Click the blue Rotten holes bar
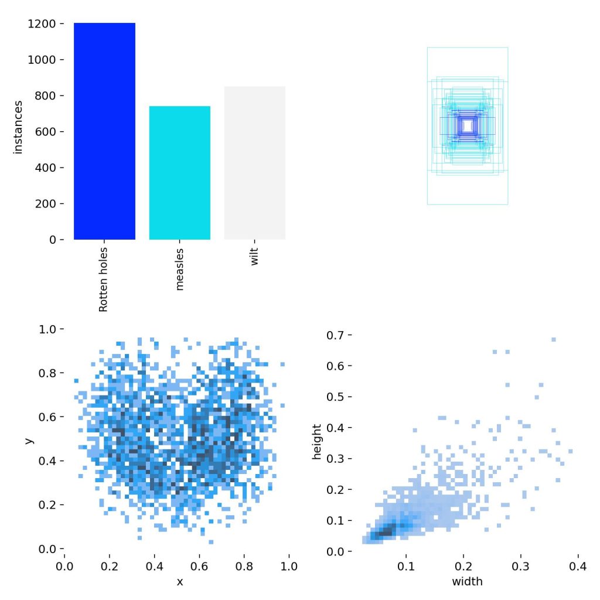[x=104, y=131]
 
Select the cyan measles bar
[x=179, y=173]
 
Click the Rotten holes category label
[x=104, y=279]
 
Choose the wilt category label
[x=254, y=257]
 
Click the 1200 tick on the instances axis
[x=44, y=24]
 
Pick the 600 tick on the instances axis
[x=47, y=132]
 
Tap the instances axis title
[x=18, y=127]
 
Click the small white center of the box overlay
[x=468, y=125]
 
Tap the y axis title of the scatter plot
[x=29, y=439]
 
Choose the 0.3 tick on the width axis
[x=521, y=568]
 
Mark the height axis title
[x=318, y=443]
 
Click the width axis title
[x=467, y=582]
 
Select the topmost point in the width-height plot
[x=553, y=339]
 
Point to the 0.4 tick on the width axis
[x=578, y=568]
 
